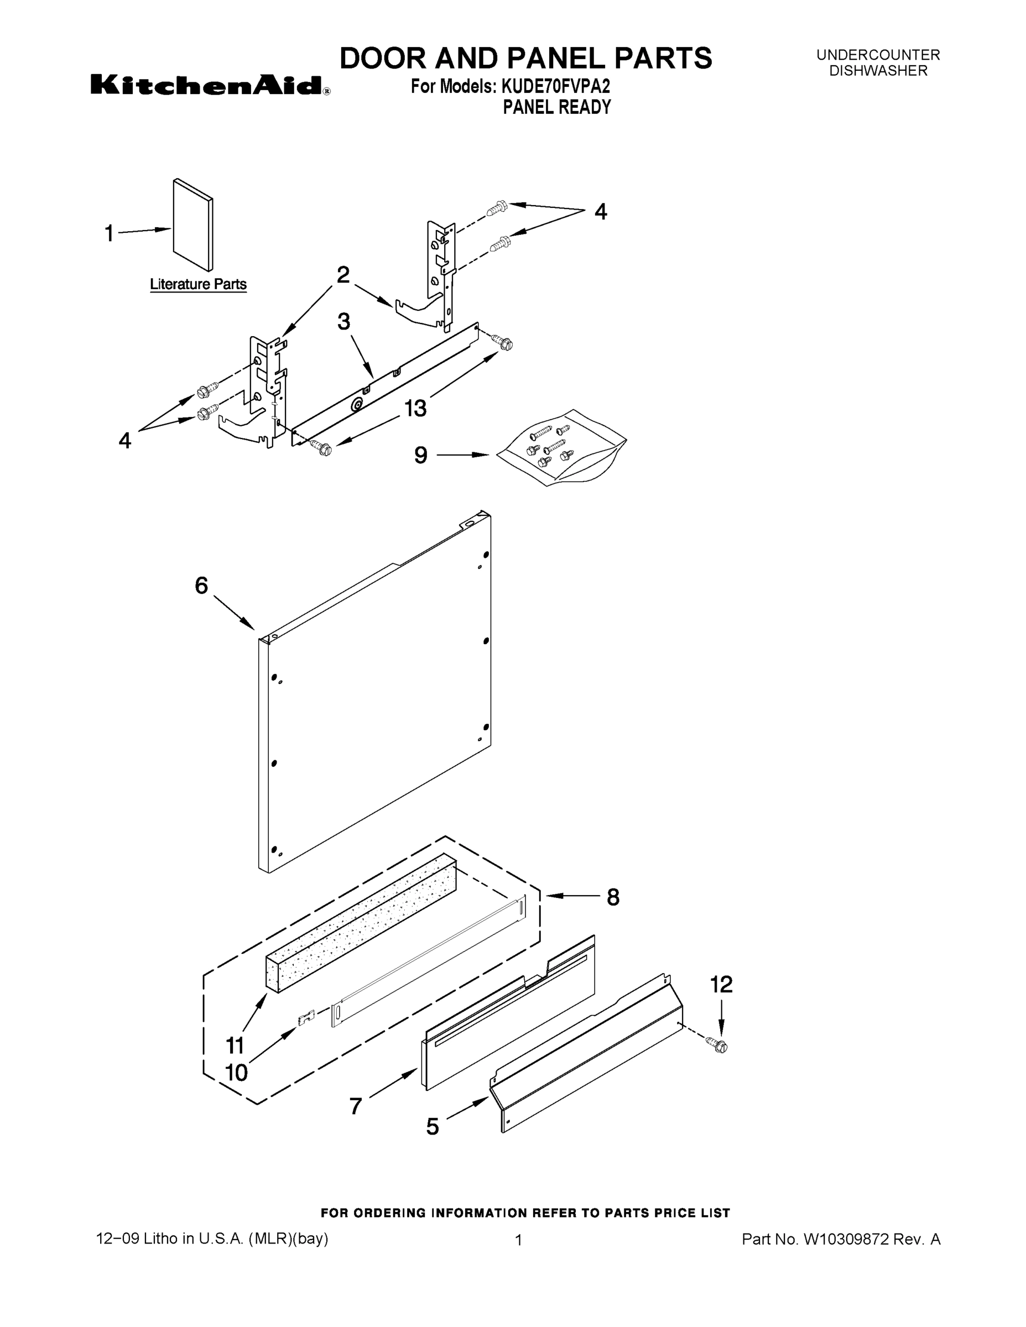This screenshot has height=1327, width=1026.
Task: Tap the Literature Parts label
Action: pos(198,284)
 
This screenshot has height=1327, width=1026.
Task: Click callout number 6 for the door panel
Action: pos(201,585)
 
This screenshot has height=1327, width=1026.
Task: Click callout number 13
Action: pos(416,408)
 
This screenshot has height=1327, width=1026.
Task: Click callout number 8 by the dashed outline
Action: pos(613,897)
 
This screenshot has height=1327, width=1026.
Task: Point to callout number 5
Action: pos(432,1127)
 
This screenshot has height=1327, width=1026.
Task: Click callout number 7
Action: pos(356,1106)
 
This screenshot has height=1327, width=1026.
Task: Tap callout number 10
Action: pos(236,1073)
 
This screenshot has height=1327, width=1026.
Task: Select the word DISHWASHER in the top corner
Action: pos(878,71)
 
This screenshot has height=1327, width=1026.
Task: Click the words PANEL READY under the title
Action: pos(556,108)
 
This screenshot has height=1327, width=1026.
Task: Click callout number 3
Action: pos(343,321)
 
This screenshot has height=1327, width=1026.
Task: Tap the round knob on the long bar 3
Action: pos(357,406)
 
